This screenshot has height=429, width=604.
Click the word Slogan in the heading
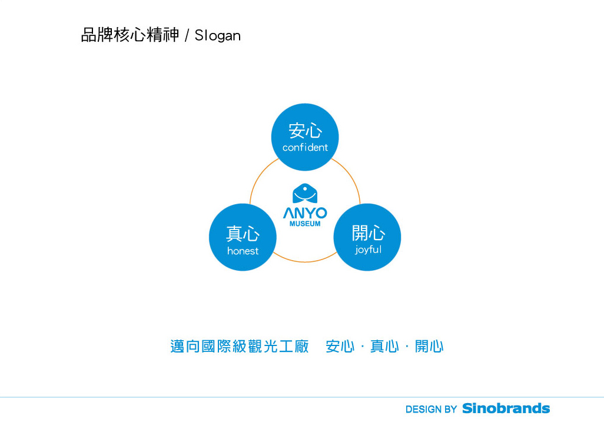click(218, 35)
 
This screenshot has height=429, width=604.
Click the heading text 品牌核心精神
click(130, 35)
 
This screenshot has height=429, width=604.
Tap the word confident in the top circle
click(305, 148)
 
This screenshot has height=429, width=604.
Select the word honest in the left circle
click(243, 251)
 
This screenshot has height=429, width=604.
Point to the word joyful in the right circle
click(369, 250)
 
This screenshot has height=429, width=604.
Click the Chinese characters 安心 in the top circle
click(305, 131)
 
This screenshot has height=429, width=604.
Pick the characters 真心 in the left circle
click(243, 234)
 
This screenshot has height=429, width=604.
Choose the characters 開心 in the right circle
click(369, 233)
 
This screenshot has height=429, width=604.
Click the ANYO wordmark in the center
click(305, 213)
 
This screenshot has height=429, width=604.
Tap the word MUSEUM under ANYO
click(305, 224)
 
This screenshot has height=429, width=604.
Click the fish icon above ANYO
click(305, 194)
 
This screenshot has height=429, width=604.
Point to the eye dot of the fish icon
click(306, 189)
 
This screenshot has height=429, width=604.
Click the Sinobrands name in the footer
click(506, 408)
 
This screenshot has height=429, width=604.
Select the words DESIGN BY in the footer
click(431, 410)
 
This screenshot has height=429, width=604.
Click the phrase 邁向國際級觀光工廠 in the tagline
click(240, 347)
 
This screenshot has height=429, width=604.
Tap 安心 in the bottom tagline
click(340, 347)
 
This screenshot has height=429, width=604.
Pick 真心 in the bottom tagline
click(384, 347)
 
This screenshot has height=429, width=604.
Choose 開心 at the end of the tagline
click(429, 347)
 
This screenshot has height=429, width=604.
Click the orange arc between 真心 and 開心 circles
click(305, 262)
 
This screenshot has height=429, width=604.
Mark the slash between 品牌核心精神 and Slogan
click(187, 35)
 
